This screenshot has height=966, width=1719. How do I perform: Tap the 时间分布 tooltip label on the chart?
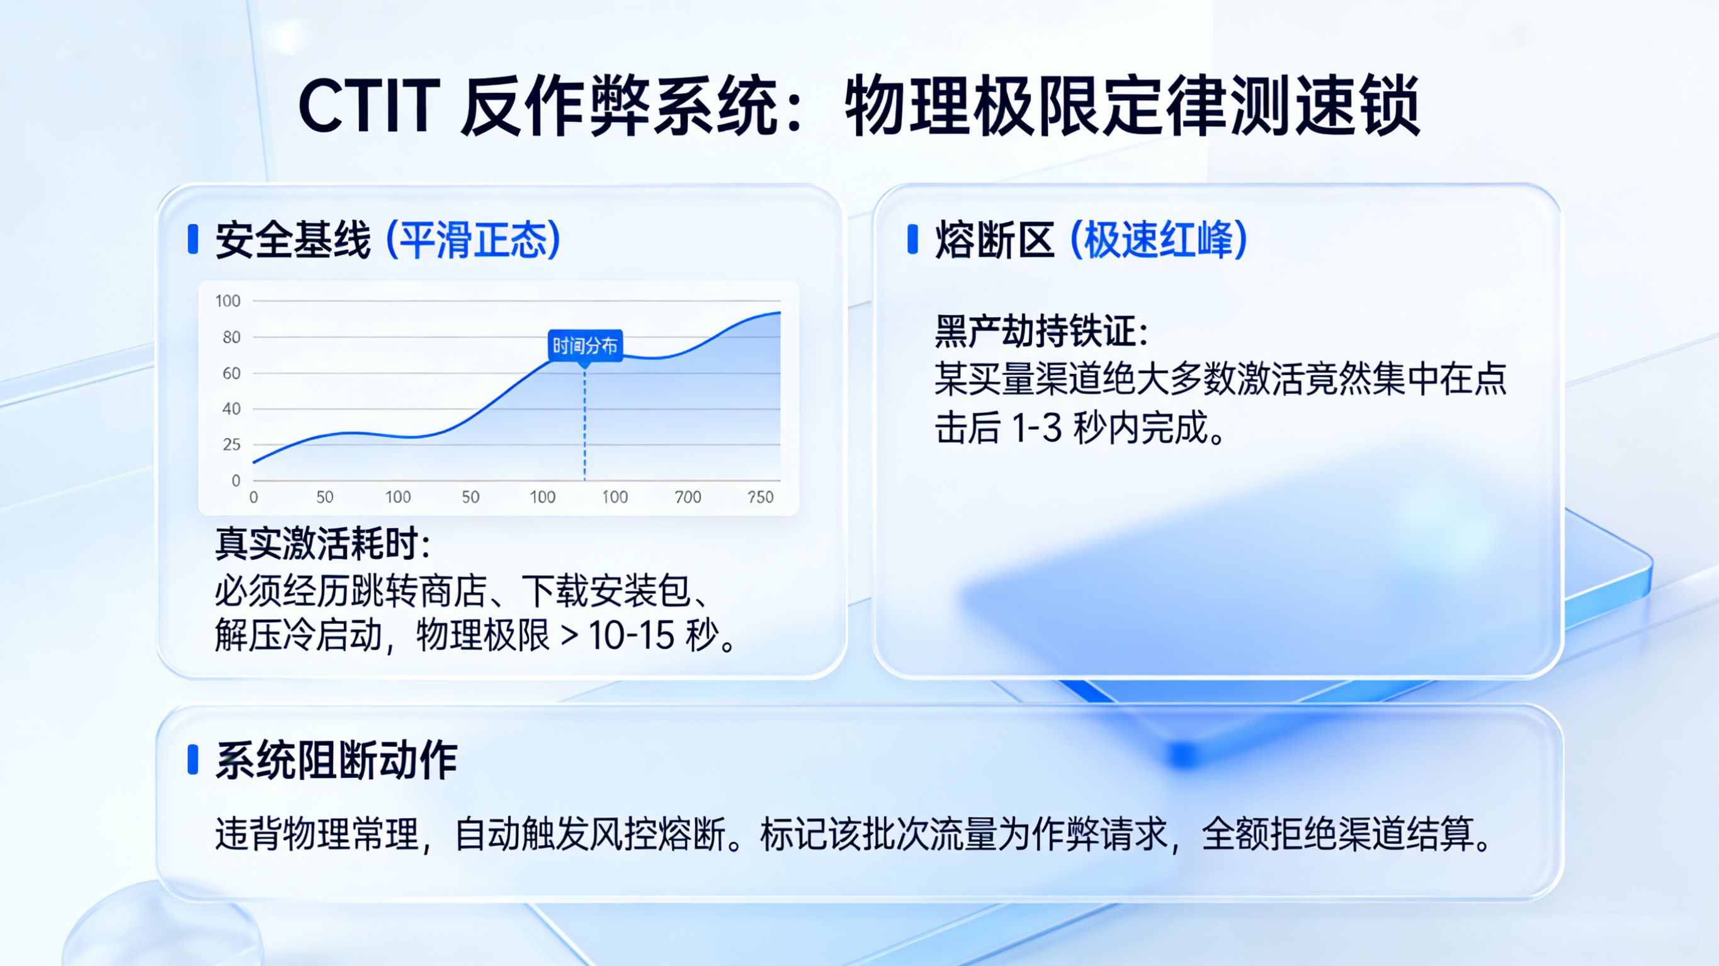(x=585, y=345)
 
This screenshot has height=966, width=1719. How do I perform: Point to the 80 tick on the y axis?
(x=231, y=337)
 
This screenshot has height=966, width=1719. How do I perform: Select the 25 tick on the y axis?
(x=231, y=445)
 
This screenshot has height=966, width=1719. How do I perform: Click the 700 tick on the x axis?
(x=688, y=497)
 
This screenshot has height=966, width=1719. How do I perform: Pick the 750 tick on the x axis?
(x=760, y=497)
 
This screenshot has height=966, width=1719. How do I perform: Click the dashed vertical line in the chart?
(x=584, y=427)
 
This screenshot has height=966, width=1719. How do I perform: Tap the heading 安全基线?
(x=292, y=240)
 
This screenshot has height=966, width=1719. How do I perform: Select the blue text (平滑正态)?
(x=474, y=240)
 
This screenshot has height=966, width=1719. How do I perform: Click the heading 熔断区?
(x=994, y=240)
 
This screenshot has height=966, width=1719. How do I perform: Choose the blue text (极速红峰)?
(x=1159, y=240)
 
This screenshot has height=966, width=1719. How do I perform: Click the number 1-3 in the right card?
(x=1036, y=429)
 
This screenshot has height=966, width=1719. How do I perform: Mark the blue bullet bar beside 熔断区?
(x=912, y=240)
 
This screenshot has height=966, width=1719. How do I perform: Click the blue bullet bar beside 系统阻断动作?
(x=193, y=760)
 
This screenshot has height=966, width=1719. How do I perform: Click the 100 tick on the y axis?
(x=227, y=301)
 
